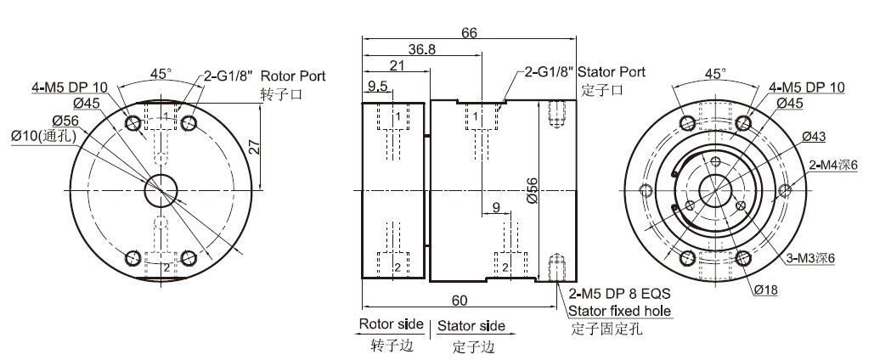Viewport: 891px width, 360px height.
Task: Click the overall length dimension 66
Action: click(x=469, y=32)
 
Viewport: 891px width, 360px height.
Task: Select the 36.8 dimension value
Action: click(x=421, y=50)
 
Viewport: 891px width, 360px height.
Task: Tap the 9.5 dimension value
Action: click(x=378, y=86)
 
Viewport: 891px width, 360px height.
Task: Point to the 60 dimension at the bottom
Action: click(x=460, y=300)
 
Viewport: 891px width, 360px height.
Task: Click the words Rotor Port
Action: click(x=293, y=76)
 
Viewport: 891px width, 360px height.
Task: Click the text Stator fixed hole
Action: click(x=620, y=312)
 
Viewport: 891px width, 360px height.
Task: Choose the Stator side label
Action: click(x=472, y=325)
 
